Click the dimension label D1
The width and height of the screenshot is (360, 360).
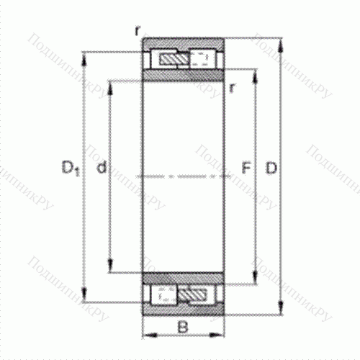[69, 169]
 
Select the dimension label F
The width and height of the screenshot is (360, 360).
[245, 169]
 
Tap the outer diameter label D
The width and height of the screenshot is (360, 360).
[271, 169]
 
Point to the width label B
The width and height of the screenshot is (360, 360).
[182, 328]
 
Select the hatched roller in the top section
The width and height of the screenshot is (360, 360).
[172, 58]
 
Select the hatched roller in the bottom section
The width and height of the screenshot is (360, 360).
[194, 294]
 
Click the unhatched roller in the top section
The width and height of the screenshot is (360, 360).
[202, 58]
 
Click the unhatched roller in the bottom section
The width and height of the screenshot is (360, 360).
[163, 294]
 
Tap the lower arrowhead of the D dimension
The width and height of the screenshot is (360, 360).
[281, 311]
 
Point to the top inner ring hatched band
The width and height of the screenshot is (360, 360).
[182, 75]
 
